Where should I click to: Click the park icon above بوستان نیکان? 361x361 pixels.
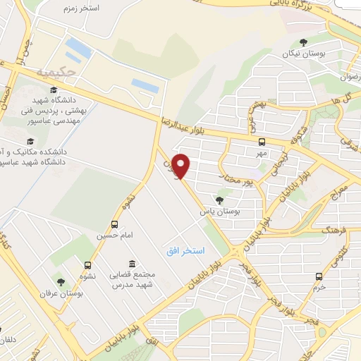pos(303,42)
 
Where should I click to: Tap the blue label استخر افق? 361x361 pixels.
pos(184,251)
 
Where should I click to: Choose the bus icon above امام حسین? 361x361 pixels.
pos(114,224)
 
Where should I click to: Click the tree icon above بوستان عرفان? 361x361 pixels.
pos(59,282)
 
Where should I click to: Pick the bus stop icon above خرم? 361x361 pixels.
pos(319,276)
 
